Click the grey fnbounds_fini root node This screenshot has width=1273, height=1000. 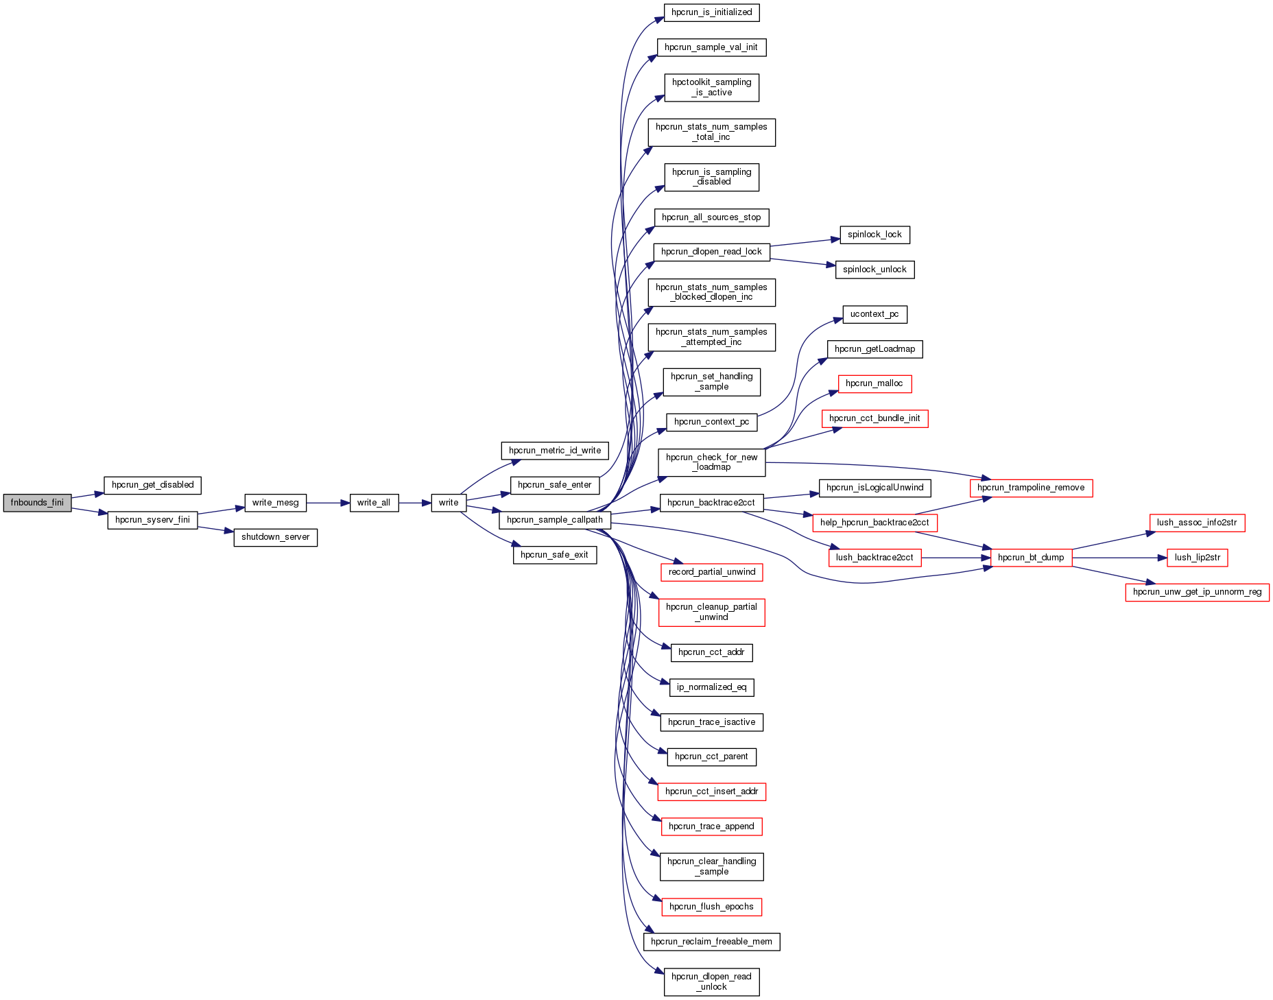tap(37, 503)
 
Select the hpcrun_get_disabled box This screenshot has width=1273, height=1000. tap(152, 485)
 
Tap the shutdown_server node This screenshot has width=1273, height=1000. tap(275, 537)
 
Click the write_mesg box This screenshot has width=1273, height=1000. tap(275, 503)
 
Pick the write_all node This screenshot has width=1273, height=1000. tap(374, 503)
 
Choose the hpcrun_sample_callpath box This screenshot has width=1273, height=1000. tap(554, 520)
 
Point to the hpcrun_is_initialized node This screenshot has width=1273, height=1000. tap(711, 12)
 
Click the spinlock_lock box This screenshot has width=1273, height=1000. tap(875, 235)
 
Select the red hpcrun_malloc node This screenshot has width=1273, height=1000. tap(875, 383)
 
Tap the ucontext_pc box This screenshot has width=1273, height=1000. tap(875, 314)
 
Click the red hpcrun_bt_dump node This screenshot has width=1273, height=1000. tap(1031, 558)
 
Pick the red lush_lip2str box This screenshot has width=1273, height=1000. tap(1197, 558)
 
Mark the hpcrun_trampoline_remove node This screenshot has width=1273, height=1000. tap(1031, 488)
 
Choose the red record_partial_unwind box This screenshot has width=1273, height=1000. tap(711, 572)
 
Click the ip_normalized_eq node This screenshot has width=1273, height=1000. tap(711, 687)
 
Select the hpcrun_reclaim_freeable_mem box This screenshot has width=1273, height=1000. tap(711, 942)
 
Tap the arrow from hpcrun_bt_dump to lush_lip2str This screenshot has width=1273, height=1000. tap(1118, 558)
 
